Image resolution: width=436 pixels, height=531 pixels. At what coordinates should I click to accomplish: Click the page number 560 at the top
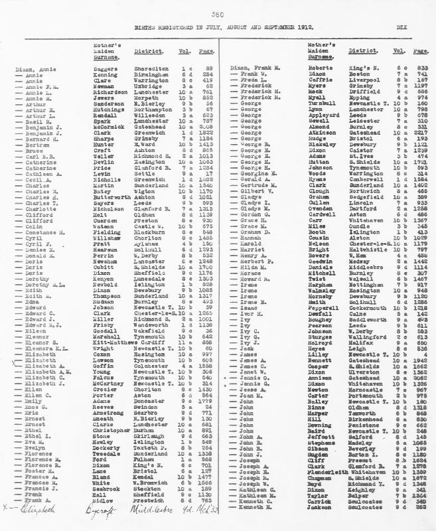coord(217,14)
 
